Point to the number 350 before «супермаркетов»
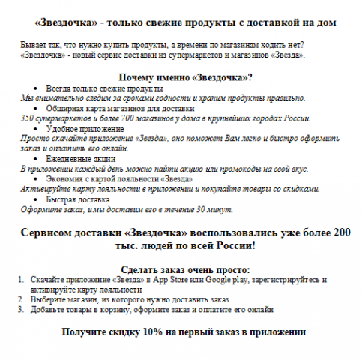pyautogui.click(x=27, y=118)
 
